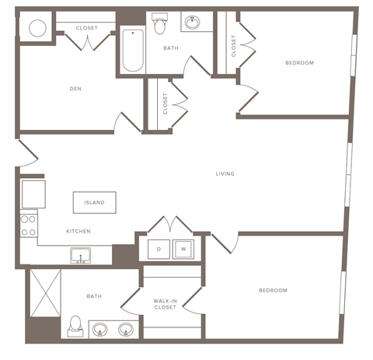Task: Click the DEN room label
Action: (x=75, y=89)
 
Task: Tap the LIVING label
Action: (x=225, y=173)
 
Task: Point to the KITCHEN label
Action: (x=78, y=231)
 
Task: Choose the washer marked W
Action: (x=183, y=249)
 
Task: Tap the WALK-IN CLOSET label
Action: (x=166, y=302)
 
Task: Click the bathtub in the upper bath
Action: (x=133, y=51)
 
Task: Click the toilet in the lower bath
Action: (x=75, y=325)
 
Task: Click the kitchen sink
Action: (x=79, y=254)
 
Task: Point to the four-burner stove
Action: (x=28, y=225)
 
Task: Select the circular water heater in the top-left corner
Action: (x=36, y=29)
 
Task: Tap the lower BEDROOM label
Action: (x=273, y=290)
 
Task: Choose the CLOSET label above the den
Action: (x=86, y=28)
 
